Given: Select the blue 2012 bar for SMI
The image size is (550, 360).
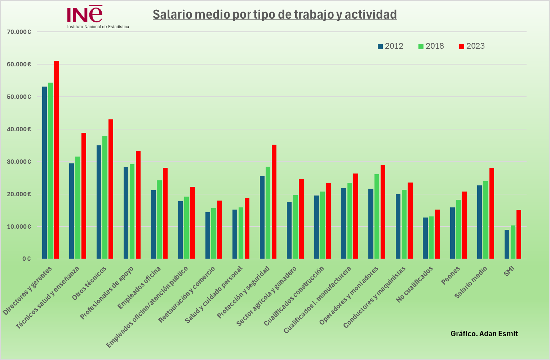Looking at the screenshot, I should [x=507, y=244].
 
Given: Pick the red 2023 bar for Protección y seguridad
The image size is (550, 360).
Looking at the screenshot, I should [x=274, y=202].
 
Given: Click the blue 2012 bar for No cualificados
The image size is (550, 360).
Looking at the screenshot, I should [x=425, y=238].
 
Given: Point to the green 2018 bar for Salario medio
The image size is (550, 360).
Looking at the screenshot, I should [x=485, y=220].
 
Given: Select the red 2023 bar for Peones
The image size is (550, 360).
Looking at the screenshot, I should [x=464, y=225].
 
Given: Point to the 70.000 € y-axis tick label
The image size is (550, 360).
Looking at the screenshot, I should [x=19, y=32].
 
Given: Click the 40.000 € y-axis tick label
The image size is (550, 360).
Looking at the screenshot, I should [x=19, y=129].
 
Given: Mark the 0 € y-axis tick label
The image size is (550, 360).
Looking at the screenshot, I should [x=26, y=259].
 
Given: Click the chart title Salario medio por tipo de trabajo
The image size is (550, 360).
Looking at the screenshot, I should [x=275, y=14].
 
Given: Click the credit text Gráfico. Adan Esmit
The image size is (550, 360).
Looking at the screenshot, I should [x=484, y=334].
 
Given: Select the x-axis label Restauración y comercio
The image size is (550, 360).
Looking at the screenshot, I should [x=187, y=294].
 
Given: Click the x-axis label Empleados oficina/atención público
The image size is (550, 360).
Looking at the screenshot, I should [x=147, y=307].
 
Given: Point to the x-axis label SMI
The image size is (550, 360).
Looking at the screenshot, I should [x=509, y=271].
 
